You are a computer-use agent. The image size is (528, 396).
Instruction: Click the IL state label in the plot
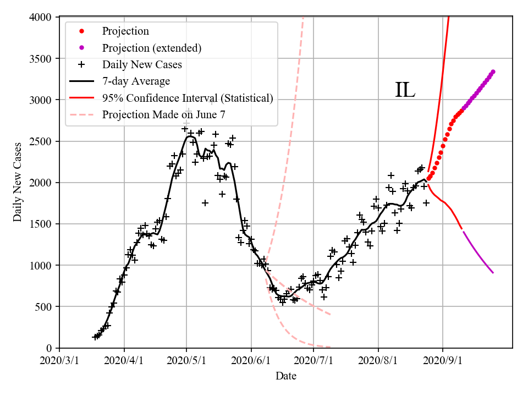tap(405, 90)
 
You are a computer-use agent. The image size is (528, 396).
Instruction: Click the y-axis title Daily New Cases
tap(18, 182)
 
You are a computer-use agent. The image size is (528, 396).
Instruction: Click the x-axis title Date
tap(286, 376)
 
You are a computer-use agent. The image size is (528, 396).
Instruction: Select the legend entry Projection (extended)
tap(151, 48)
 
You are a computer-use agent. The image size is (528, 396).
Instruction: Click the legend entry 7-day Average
tap(136, 81)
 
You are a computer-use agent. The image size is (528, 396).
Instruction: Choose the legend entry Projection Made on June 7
tap(163, 114)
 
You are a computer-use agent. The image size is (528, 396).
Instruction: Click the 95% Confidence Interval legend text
tap(188, 98)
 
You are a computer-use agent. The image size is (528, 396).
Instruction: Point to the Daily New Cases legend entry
tap(142, 65)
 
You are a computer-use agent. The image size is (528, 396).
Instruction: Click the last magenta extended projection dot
tap(493, 71)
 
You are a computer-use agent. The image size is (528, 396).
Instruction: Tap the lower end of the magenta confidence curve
tap(493, 273)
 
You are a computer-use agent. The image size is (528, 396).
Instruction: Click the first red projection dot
tap(428, 179)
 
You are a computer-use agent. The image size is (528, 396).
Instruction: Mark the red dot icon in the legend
tap(81, 31)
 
